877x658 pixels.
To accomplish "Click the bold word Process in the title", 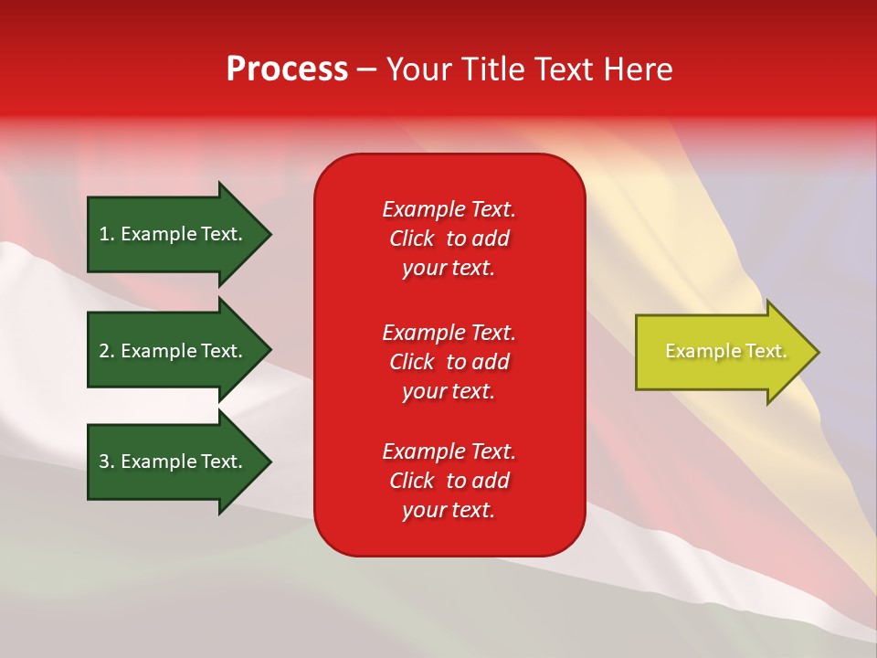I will pos(287,69).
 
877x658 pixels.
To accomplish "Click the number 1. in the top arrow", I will pos(107,234).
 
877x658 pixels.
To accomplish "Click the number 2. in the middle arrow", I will pos(107,351).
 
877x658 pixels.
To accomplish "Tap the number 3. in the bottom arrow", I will pos(107,462).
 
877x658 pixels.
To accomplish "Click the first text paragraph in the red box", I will pos(449,239).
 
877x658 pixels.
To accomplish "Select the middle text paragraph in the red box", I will pos(449,362).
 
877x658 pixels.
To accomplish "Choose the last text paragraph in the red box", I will pos(449,481).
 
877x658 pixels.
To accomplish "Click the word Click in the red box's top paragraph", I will pos(411,239).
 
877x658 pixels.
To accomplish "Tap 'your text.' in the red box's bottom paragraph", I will pos(449,510).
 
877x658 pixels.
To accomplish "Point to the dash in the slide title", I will pos(367,70).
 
